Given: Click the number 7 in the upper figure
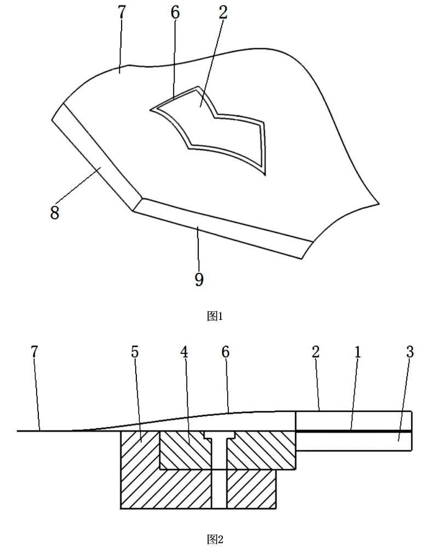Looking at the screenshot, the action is coord(122,13).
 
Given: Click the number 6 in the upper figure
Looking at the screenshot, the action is coord(175,13).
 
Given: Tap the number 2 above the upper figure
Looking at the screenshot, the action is coord(222,13).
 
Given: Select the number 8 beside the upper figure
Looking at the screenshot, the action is coord(54,213).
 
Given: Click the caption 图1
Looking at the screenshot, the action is coord(215,316).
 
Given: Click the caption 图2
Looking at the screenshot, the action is coord(215,539).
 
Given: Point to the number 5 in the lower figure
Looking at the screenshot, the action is coord(135,352).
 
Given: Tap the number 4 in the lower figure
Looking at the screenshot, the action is coord(184,352).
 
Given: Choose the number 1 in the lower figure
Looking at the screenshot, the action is coord(358,352).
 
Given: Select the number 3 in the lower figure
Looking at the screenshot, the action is coord(410,352).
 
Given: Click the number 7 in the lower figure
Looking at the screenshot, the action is coord(34,352).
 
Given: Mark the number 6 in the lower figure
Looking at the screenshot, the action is coord(225,352).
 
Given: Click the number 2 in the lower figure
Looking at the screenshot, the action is coord(315,352).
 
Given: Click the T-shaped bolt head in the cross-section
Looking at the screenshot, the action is coord(219,435).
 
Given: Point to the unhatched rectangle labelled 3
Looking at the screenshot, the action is coord(354,441).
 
